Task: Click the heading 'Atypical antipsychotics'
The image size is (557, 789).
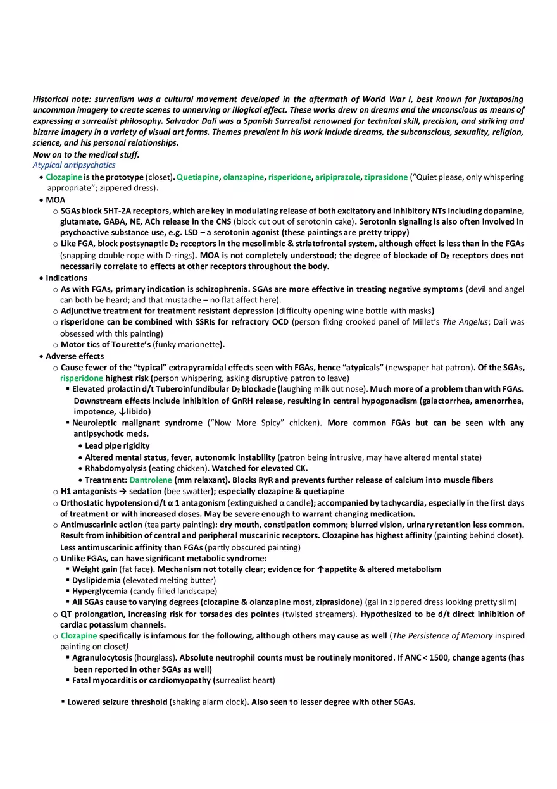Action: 74,165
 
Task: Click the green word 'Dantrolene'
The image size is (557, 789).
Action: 151,480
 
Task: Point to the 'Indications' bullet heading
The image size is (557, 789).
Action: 66,278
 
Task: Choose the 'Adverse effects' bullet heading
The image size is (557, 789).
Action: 75,356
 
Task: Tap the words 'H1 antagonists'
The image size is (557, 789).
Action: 89,492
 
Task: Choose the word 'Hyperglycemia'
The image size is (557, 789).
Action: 100,592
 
